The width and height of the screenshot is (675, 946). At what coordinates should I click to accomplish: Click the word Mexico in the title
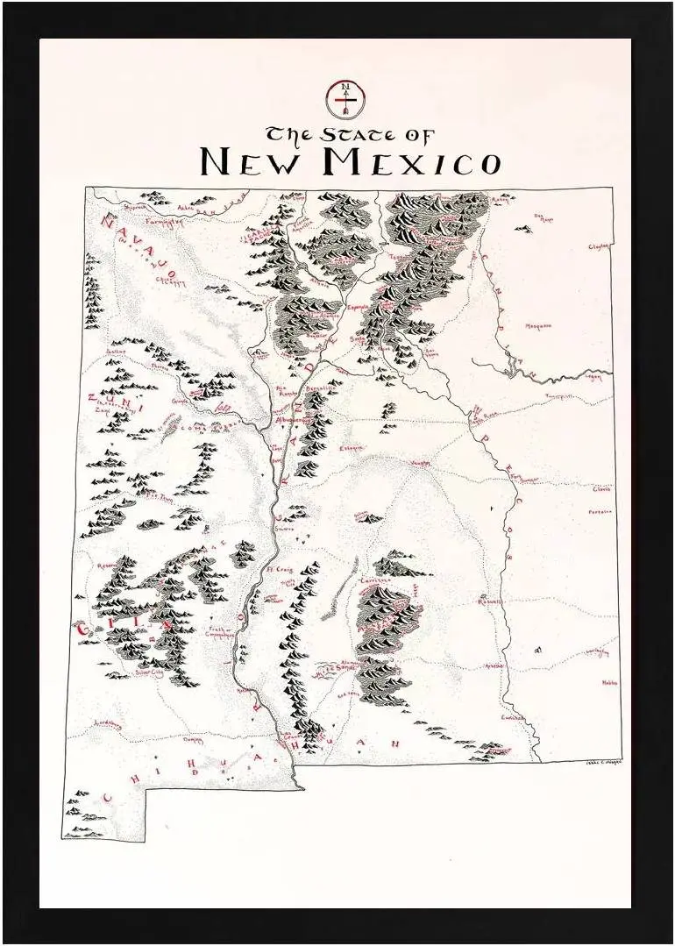point(411,163)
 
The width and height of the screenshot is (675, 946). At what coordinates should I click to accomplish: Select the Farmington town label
point(165,222)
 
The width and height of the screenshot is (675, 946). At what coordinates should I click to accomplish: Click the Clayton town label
point(599,247)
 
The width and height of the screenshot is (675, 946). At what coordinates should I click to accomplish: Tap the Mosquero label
point(538,325)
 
